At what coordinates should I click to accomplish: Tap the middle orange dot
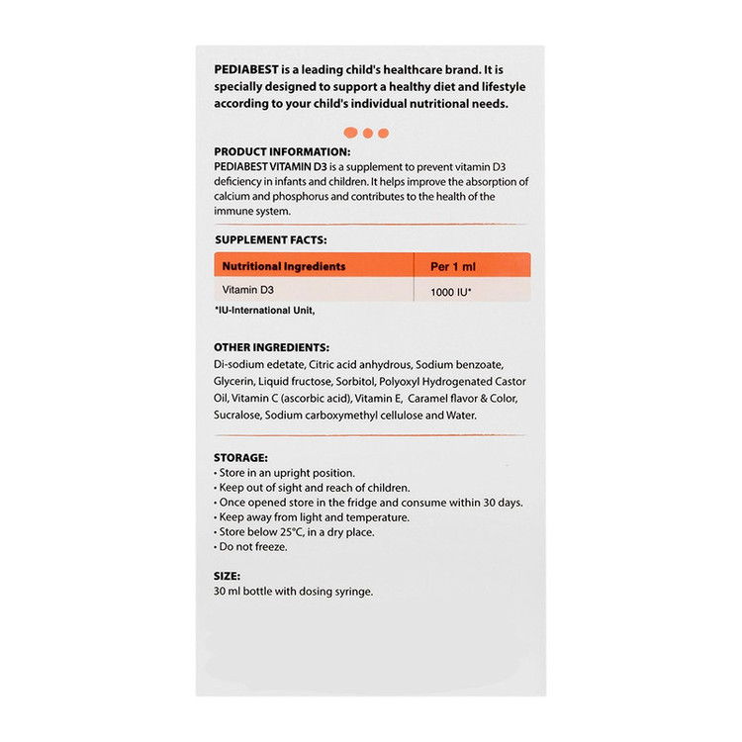[367, 133]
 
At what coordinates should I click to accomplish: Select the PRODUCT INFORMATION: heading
[282, 151]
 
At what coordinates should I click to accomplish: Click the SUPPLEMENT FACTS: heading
[270, 239]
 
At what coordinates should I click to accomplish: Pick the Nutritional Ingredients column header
[283, 266]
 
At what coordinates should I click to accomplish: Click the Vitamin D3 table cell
[246, 290]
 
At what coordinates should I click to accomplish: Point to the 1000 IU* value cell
[450, 293]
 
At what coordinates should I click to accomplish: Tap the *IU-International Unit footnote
[264, 311]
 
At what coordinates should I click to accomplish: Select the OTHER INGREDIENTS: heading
[271, 348]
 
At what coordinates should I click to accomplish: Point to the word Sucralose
[238, 415]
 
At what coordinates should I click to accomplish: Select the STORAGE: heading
[240, 458]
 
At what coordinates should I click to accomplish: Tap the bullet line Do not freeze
[251, 546]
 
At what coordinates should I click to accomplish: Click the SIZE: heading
[228, 576]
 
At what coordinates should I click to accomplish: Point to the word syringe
[352, 592]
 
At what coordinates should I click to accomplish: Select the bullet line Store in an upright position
[285, 473]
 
